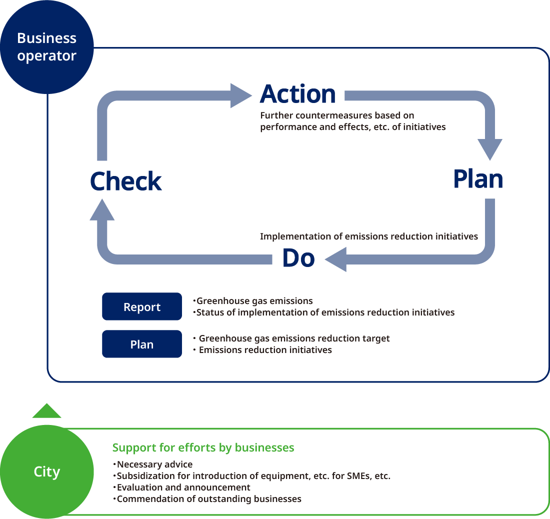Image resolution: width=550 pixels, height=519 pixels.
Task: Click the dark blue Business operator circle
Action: [x=46, y=47]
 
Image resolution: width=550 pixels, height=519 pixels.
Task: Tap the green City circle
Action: [x=46, y=471]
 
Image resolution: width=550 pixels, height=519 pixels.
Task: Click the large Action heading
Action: [x=298, y=94]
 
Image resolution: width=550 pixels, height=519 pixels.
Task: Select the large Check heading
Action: [x=126, y=181]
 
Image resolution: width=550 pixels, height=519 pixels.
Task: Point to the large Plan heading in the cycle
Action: [x=477, y=179]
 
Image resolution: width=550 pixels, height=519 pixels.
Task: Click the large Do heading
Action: [x=298, y=258]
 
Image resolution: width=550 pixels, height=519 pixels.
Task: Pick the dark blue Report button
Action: [x=142, y=306]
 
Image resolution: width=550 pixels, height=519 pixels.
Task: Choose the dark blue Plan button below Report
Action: [x=142, y=344]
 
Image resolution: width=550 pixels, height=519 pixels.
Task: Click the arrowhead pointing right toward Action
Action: [x=241, y=95]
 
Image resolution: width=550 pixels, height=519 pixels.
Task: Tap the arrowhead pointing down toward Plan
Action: [x=490, y=148]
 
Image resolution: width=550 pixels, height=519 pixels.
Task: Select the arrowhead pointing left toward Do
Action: [x=335, y=259]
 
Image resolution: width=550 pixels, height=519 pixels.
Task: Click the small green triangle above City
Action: [x=46, y=411]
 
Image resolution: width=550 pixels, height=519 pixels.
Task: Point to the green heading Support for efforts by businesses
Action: [x=203, y=447]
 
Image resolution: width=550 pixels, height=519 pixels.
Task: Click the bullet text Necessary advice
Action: [x=154, y=464]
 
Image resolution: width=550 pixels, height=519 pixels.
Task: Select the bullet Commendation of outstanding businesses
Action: [x=209, y=498]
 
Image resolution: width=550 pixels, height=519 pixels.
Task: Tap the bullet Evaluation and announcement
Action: [x=183, y=487]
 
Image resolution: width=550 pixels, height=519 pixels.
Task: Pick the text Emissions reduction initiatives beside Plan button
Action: [x=265, y=349]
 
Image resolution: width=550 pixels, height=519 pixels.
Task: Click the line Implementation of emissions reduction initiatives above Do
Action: [x=369, y=236]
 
